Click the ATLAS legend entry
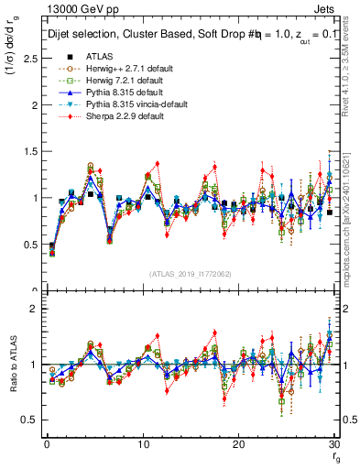point(100,56)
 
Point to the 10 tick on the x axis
point(142,443)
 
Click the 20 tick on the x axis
point(238,443)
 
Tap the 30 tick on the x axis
point(333,443)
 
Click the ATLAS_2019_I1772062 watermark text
point(191,274)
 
